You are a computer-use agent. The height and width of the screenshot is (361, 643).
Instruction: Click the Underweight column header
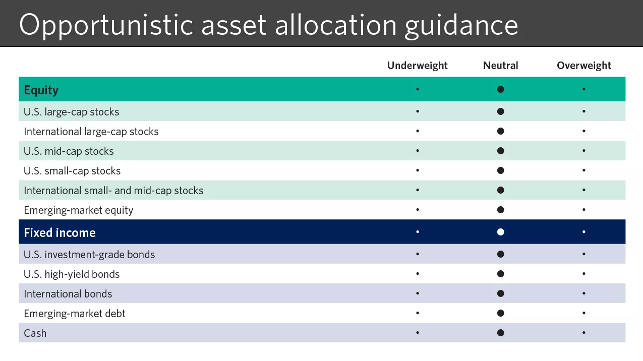pyautogui.click(x=417, y=66)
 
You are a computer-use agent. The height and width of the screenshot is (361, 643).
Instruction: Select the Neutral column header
pyautogui.click(x=500, y=66)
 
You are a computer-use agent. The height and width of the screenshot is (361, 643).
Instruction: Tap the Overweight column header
pyautogui.click(x=583, y=66)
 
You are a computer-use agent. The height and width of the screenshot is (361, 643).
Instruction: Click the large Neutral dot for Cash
pyautogui.click(x=500, y=333)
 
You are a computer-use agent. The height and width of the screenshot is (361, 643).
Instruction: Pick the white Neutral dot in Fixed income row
pyautogui.click(x=500, y=232)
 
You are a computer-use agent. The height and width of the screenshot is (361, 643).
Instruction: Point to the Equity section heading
pyautogui.click(x=41, y=90)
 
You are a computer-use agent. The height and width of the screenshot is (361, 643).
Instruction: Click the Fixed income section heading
pyautogui.click(x=60, y=233)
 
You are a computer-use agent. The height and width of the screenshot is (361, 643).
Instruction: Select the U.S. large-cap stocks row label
pyautogui.click(x=71, y=112)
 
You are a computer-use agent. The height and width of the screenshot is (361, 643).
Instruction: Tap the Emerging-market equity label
pyautogui.click(x=78, y=210)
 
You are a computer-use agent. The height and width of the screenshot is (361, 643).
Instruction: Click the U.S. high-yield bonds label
pyautogui.click(x=72, y=274)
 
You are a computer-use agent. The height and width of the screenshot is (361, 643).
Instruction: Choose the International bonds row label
pyautogui.click(x=68, y=294)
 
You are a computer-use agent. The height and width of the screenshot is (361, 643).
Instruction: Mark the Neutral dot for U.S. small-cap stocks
pyautogui.click(x=500, y=170)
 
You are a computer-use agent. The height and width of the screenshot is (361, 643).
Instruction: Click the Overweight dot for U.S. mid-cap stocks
pyautogui.click(x=583, y=151)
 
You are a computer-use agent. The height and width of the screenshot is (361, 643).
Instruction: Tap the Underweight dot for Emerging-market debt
pyautogui.click(x=417, y=313)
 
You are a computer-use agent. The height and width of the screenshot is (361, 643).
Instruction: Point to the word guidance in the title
pyautogui.click(x=461, y=24)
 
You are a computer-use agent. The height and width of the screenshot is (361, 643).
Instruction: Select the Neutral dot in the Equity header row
pyautogui.click(x=500, y=89)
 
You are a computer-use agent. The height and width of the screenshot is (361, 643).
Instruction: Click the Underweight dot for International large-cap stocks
pyautogui.click(x=417, y=131)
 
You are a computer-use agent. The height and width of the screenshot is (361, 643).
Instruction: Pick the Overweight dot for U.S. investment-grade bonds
pyautogui.click(x=583, y=254)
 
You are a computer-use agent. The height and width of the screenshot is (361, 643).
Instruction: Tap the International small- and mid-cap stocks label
pyautogui.click(x=113, y=191)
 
